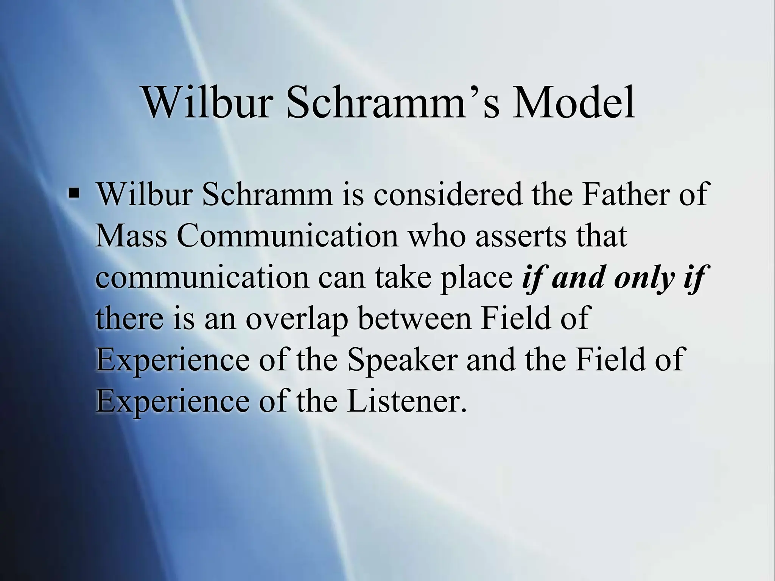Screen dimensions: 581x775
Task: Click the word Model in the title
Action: pyautogui.click(x=573, y=102)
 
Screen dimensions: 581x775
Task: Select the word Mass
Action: pyautogui.click(x=131, y=236)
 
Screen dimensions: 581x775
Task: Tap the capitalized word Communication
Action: pyautogui.click(x=287, y=236)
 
